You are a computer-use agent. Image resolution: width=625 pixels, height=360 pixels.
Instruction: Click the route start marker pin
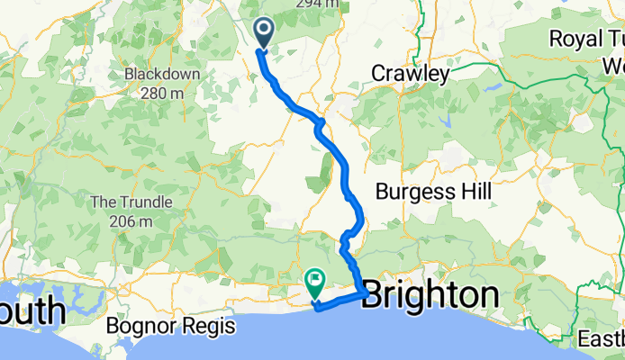point(264,32)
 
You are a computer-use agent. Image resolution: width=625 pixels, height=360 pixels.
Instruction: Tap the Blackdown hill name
point(155,74)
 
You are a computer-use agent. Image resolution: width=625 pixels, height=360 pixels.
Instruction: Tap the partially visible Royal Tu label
point(586,40)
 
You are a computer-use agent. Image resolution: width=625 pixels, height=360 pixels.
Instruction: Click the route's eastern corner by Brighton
point(363,293)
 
